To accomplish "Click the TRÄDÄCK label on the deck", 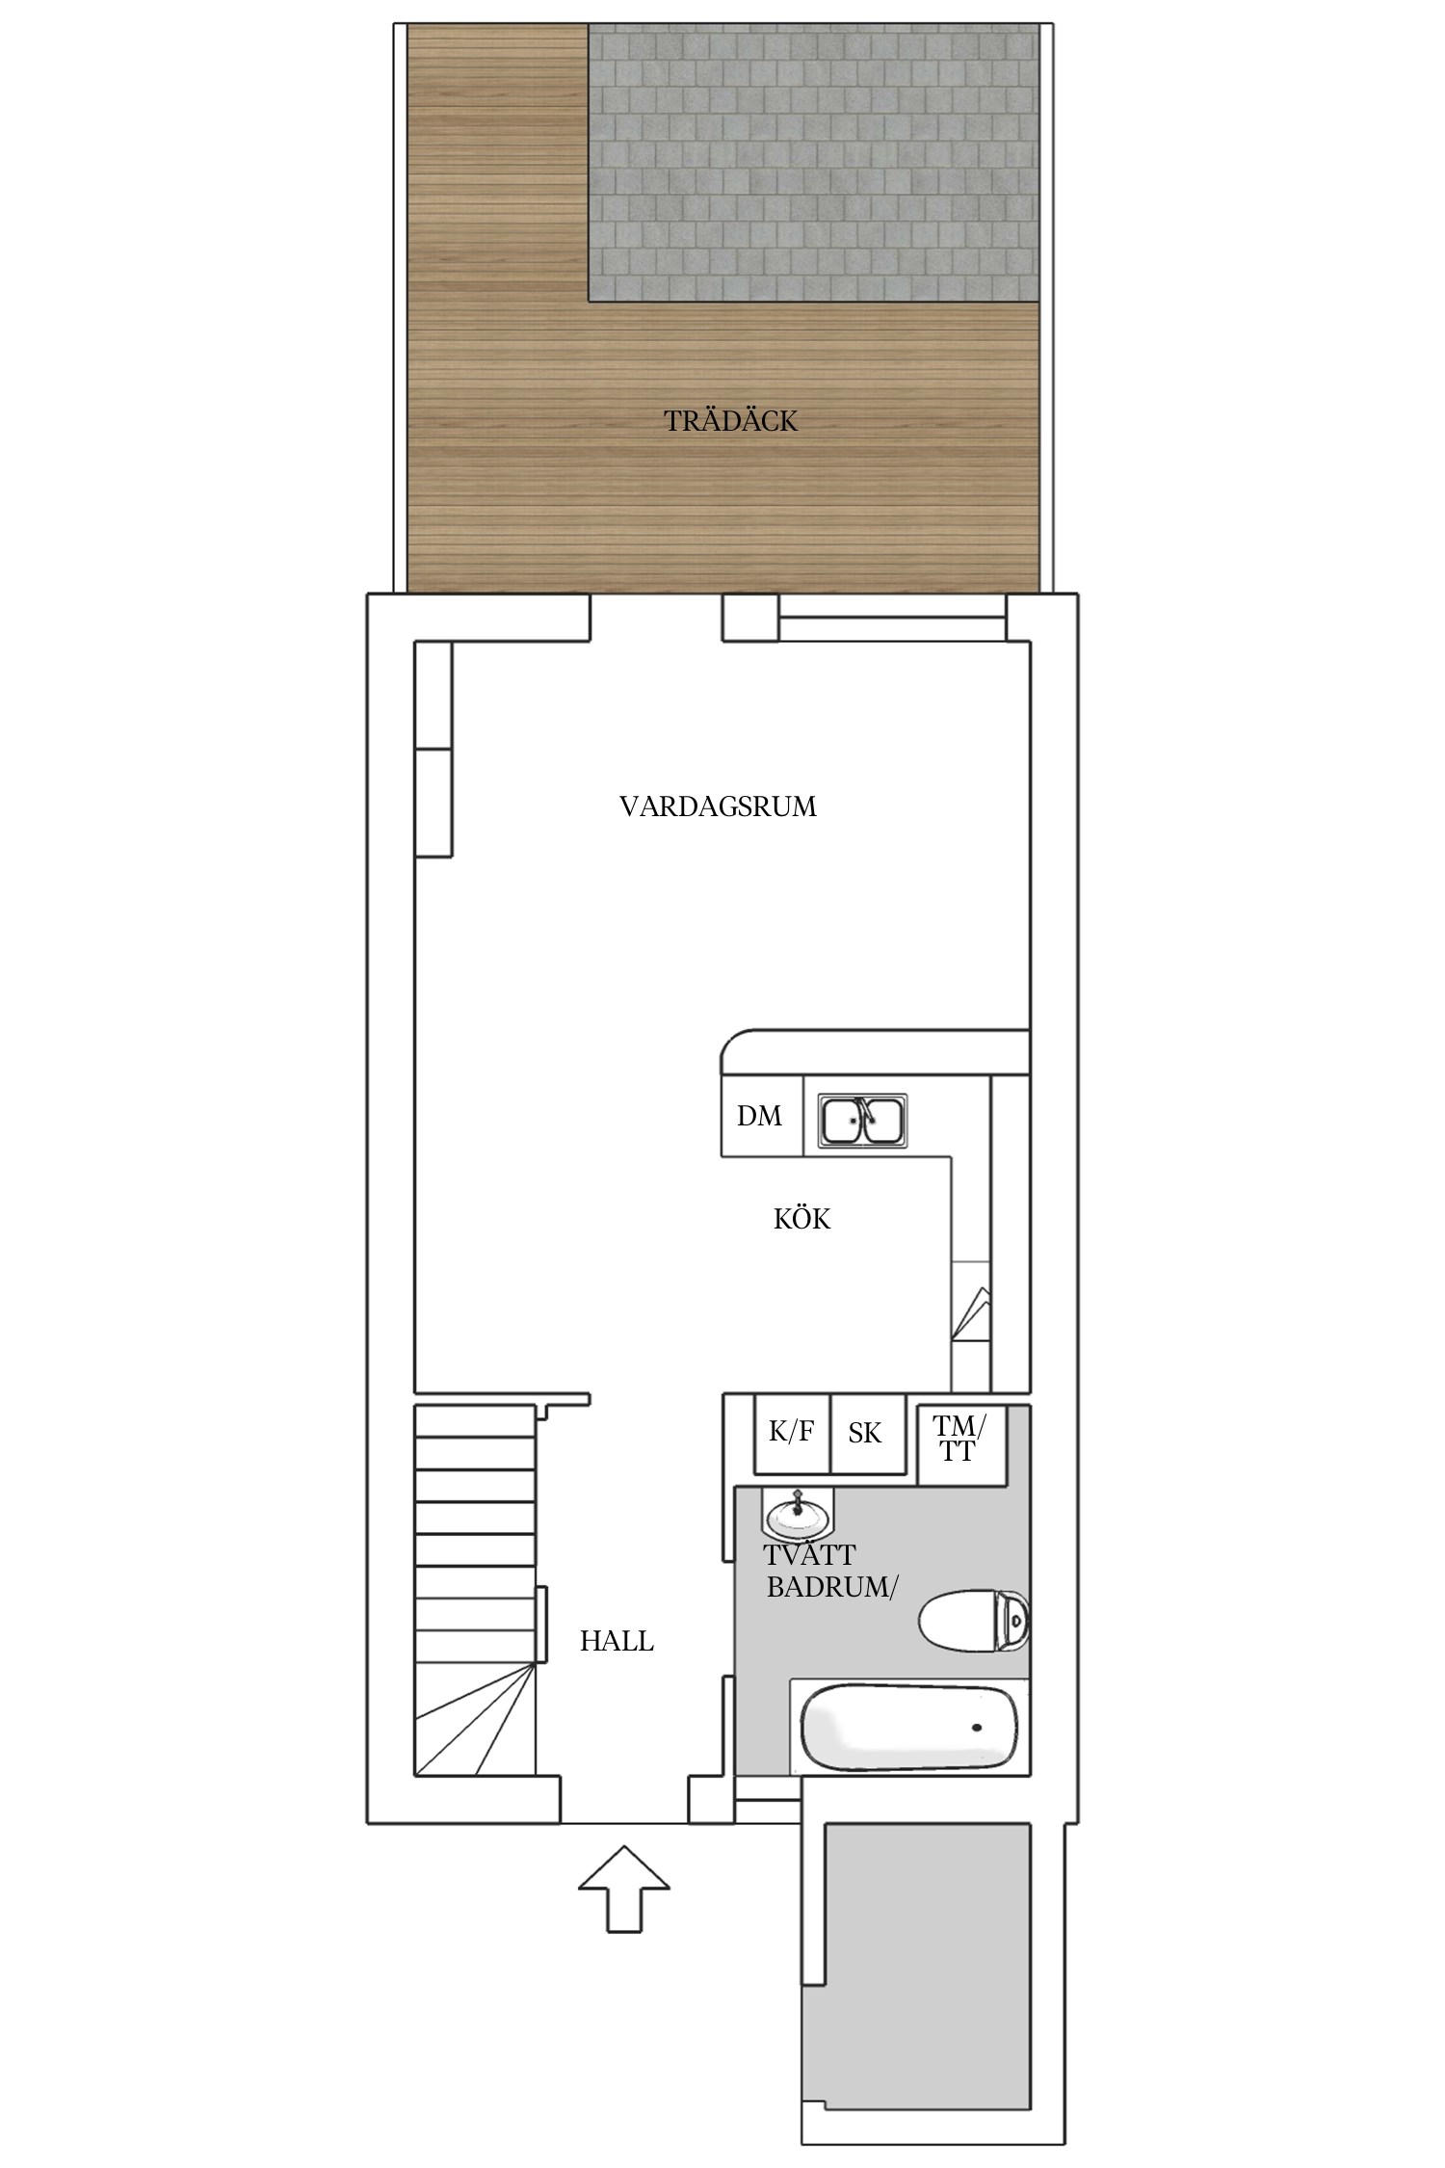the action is [731, 421].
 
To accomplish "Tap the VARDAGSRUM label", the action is [718, 806].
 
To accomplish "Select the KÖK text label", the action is [801, 1219].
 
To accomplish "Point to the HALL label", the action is [617, 1641].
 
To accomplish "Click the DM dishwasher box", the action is [762, 1116].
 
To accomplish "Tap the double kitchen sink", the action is [862, 1121].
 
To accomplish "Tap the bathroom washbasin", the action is [799, 1514].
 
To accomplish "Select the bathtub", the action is [909, 1728].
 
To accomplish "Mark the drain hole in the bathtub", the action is [979, 1728].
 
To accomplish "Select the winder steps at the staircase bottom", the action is [475, 1718].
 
